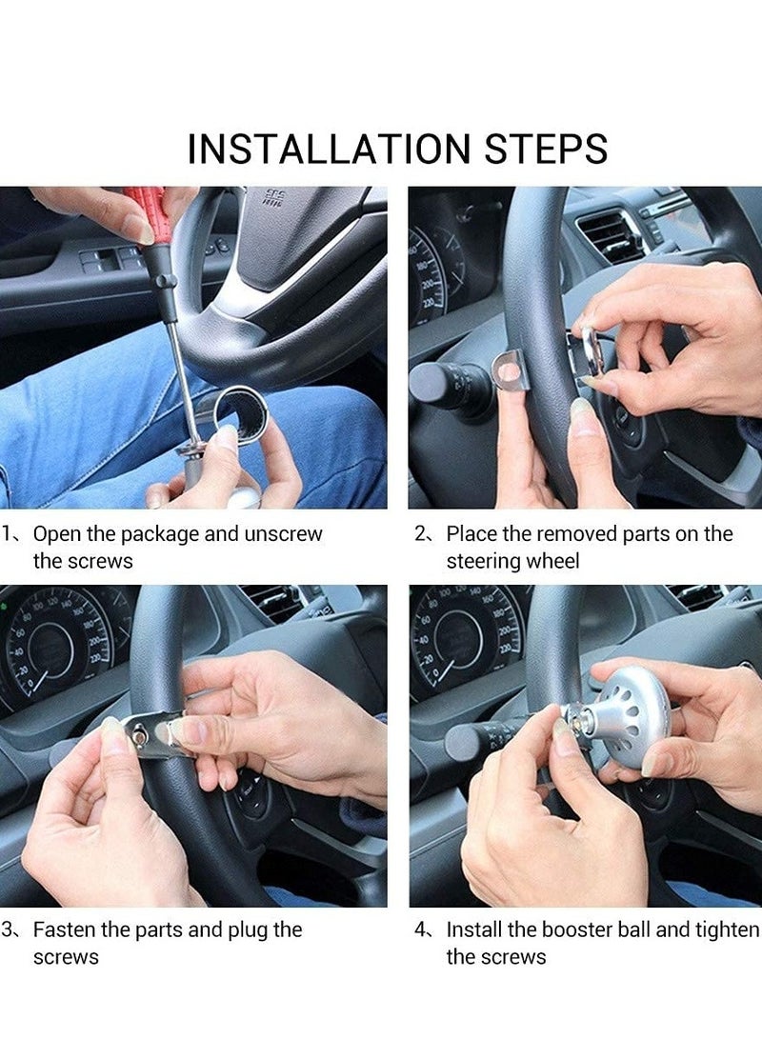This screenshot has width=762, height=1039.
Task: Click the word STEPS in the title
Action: pos(546,149)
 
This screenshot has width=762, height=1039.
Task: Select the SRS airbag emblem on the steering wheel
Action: pos(272,197)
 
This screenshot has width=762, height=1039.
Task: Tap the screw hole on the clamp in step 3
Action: pos(140,734)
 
